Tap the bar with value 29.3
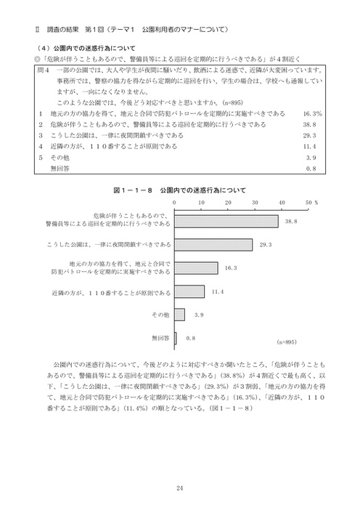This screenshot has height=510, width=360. (213, 245)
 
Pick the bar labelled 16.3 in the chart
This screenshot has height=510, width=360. (196, 268)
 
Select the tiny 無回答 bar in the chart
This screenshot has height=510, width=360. (176, 338)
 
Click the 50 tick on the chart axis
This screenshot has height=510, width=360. (308, 203)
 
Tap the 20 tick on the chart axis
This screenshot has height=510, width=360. (227, 203)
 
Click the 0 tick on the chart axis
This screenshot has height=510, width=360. (175, 203)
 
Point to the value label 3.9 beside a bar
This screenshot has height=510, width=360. (200, 315)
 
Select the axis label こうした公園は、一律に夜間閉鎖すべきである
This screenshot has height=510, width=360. (118, 245)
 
